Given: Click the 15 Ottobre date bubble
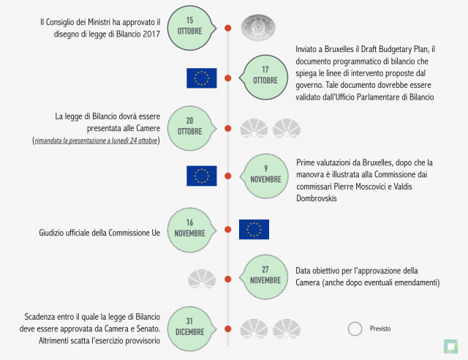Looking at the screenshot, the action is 191,28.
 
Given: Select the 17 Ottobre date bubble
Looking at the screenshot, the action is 264,78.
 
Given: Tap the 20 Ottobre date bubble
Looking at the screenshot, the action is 191,128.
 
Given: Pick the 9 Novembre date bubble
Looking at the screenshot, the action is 265,176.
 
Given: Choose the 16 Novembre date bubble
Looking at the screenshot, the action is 191,230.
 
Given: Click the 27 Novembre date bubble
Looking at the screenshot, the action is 264,277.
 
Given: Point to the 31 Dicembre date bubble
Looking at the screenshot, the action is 191,329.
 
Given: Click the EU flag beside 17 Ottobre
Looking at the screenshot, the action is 202,78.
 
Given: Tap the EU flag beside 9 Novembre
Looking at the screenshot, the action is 202,176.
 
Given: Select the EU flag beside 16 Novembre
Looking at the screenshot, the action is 254,230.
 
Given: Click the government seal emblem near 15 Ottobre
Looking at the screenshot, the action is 258,28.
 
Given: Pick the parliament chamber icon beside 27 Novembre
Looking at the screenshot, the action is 202,279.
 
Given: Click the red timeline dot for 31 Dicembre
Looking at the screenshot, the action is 227,329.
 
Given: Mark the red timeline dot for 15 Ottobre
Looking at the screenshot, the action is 227,28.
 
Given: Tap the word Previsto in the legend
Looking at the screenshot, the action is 380,329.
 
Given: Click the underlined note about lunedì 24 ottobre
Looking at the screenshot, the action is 96,140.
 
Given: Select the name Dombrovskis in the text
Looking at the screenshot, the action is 317,198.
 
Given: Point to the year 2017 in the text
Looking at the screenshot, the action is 151,34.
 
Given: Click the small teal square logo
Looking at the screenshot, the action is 450,347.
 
